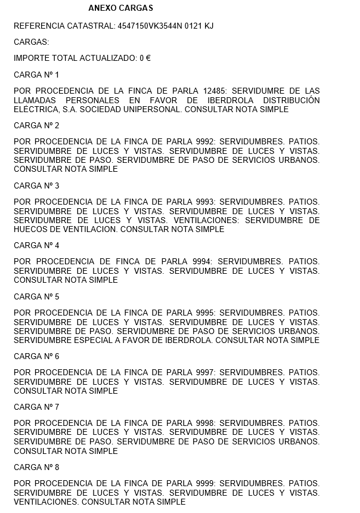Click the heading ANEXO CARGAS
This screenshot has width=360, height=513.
pyautogui.click(x=120, y=8)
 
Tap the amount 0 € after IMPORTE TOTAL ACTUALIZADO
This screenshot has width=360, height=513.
pyautogui.click(x=145, y=58)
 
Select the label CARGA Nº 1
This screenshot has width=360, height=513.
pyautogui.click(x=36, y=75)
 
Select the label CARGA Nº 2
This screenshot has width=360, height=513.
pyautogui.click(x=36, y=125)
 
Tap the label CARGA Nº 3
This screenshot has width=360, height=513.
pyautogui.click(x=36, y=186)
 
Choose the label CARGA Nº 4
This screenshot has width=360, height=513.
pyautogui.click(x=36, y=245)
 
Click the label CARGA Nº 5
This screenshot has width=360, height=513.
pyautogui.click(x=36, y=296)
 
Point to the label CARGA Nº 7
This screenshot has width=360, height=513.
pyautogui.click(x=36, y=407)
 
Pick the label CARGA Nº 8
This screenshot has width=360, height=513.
pyautogui.click(x=36, y=467)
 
